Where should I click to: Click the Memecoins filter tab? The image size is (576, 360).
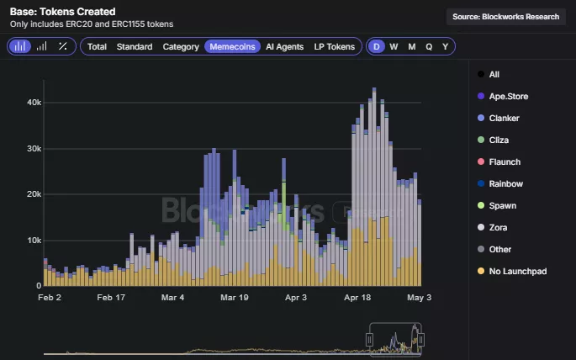click(x=232, y=46)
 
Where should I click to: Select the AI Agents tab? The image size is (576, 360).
click(x=284, y=46)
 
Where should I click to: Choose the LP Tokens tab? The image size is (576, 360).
click(x=334, y=46)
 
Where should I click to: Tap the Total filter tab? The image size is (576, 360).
click(x=97, y=46)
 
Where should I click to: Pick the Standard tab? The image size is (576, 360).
click(x=135, y=46)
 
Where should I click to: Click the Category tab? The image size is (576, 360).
click(x=181, y=46)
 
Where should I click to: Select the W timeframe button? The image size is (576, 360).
click(x=394, y=46)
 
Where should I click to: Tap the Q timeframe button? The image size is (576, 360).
click(x=429, y=46)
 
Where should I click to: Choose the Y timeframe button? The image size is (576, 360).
click(x=446, y=46)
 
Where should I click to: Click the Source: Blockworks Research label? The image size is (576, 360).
click(x=505, y=17)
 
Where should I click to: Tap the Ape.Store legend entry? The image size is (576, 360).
click(x=508, y=96)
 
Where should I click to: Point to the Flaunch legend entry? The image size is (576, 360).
click(x=505, y=161)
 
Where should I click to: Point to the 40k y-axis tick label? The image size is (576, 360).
click(x=34, y=103)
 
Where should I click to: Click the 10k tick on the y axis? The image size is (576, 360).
click(x=34, y=241)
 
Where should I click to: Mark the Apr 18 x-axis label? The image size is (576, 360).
click(x=358, y=298)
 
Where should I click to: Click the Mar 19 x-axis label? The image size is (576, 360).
click(x=235, y=298)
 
